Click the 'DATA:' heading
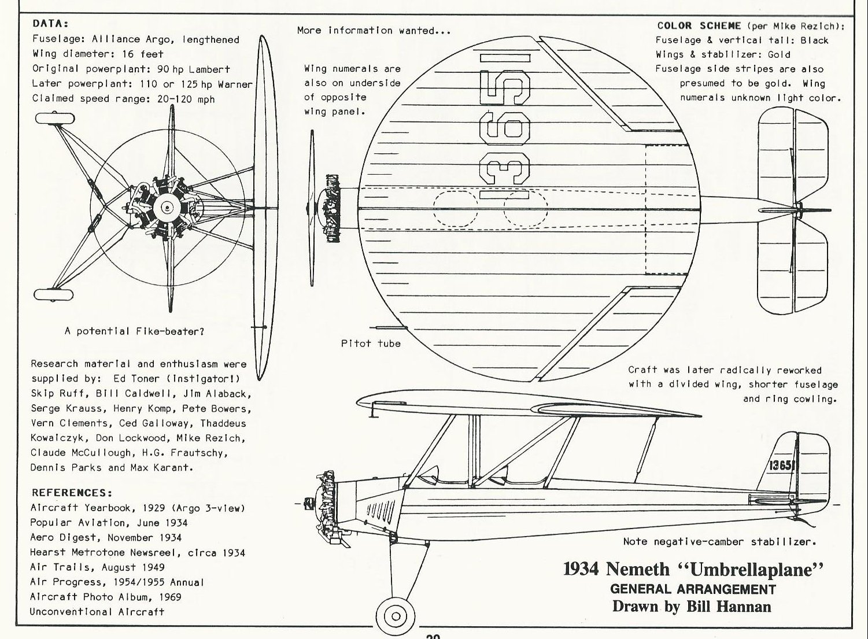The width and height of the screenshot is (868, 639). click(x=50, y=24)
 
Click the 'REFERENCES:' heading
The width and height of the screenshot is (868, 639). click(x=72, y=493)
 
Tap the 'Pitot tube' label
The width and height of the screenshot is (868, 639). click(x=371, y=343)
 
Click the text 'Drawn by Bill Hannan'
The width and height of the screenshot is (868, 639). click(x=692, y=606)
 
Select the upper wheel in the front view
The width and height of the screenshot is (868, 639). click(x=55, y=119)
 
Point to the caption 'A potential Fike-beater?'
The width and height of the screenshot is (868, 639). click(x=134, y=331)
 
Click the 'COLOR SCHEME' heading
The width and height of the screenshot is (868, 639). click(x=699, y=25)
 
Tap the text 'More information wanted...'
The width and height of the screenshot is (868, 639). click(x=373, y=30)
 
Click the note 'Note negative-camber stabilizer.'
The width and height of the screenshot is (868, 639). click(x=719, y=542)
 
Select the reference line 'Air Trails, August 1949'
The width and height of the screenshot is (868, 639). click(x=97, y=567)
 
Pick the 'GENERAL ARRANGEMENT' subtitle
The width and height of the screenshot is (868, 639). click(x=693, y=589)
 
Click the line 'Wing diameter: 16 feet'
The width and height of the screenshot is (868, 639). click(x=98, y=54)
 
